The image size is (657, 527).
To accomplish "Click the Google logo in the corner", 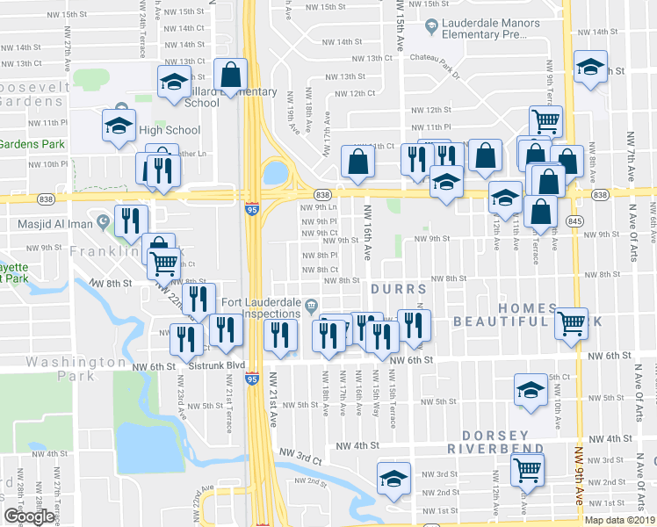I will pyautogui.click(x=30, y=516).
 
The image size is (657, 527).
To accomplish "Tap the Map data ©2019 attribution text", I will pyautogui.click(x=618, y=519).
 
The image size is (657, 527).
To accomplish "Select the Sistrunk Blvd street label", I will pyautogui.click(x=217, y=365).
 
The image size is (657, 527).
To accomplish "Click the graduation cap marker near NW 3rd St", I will pyautogui.click(x=394, y=478).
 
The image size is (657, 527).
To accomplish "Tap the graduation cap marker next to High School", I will pyautogui.click(x=119, y=126).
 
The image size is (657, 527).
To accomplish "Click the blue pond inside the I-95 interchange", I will pyautogui.click(x=276, y=172).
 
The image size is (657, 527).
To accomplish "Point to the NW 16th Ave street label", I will pyautogui.click(x=366, y=239).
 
